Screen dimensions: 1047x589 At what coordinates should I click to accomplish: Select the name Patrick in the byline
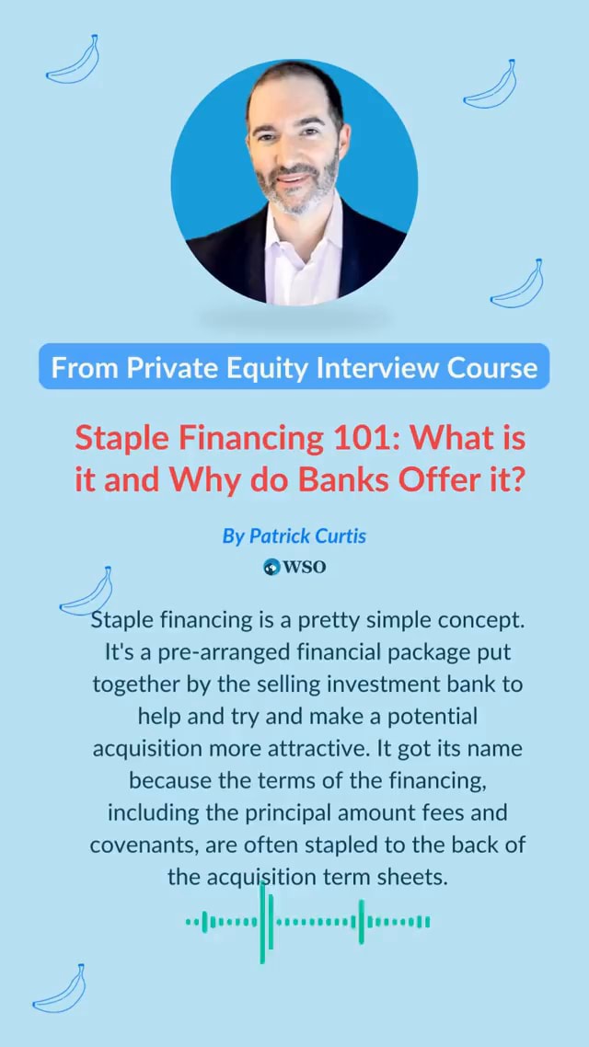tap(278, 535)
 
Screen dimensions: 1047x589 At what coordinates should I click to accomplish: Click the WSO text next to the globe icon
tap(304, 567)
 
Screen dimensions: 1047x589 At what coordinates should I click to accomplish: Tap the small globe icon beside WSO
tap(271, 567)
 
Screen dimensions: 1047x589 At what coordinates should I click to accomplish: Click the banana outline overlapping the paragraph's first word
tap(87, 592)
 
